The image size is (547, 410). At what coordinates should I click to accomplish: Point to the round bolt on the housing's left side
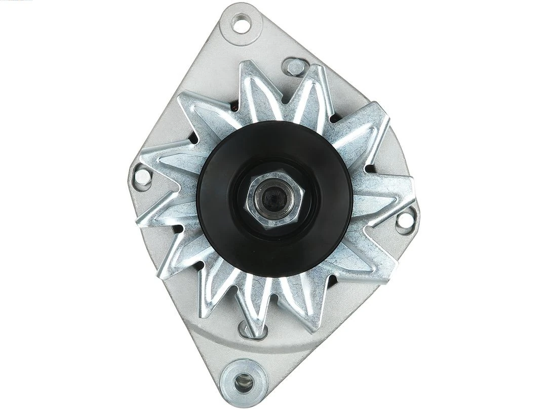[x=143, y=176]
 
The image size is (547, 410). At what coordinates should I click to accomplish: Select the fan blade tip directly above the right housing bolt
[x=405, y=185]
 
